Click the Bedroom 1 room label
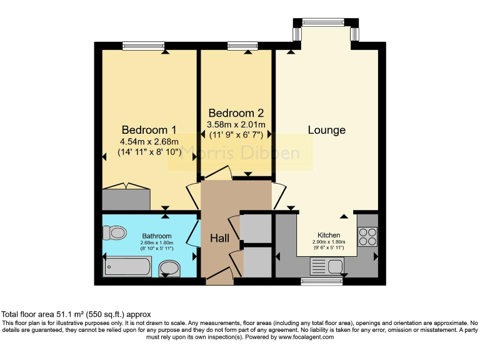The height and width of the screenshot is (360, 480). point(149,130)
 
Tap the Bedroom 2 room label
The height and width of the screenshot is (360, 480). point(236,113)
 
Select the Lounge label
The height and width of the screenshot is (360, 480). point(326,130)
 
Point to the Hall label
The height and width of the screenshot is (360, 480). point(219,238)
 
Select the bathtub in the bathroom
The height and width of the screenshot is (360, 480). point(127,267)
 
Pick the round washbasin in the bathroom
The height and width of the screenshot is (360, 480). point(169,269)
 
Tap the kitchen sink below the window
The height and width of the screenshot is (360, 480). point(326,266)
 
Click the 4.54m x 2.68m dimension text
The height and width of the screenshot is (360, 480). point(149,142)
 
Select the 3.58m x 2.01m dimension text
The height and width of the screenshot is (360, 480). point(236,124)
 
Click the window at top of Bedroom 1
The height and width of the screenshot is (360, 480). point(139,45)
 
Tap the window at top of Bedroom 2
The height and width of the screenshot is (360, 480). point(238,45)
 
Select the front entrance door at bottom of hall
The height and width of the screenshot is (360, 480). point(219,276)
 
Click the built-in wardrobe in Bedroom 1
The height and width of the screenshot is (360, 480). point(127,198)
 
